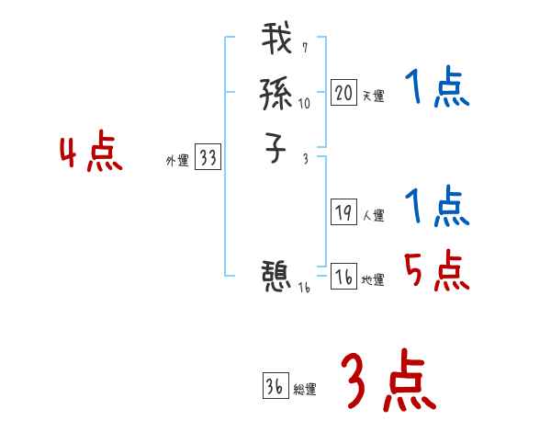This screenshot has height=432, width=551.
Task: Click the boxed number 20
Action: point(343,93)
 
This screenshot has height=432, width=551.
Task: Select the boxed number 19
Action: point(343,213)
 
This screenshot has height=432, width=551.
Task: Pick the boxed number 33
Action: point(208,158)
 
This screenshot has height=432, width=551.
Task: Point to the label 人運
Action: point(373,216)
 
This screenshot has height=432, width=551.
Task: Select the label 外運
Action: point(176,161)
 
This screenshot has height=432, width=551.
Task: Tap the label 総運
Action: point(304,390)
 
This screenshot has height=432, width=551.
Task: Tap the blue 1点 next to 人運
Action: point(437,207)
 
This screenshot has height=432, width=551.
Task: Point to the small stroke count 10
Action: point(304,104)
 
